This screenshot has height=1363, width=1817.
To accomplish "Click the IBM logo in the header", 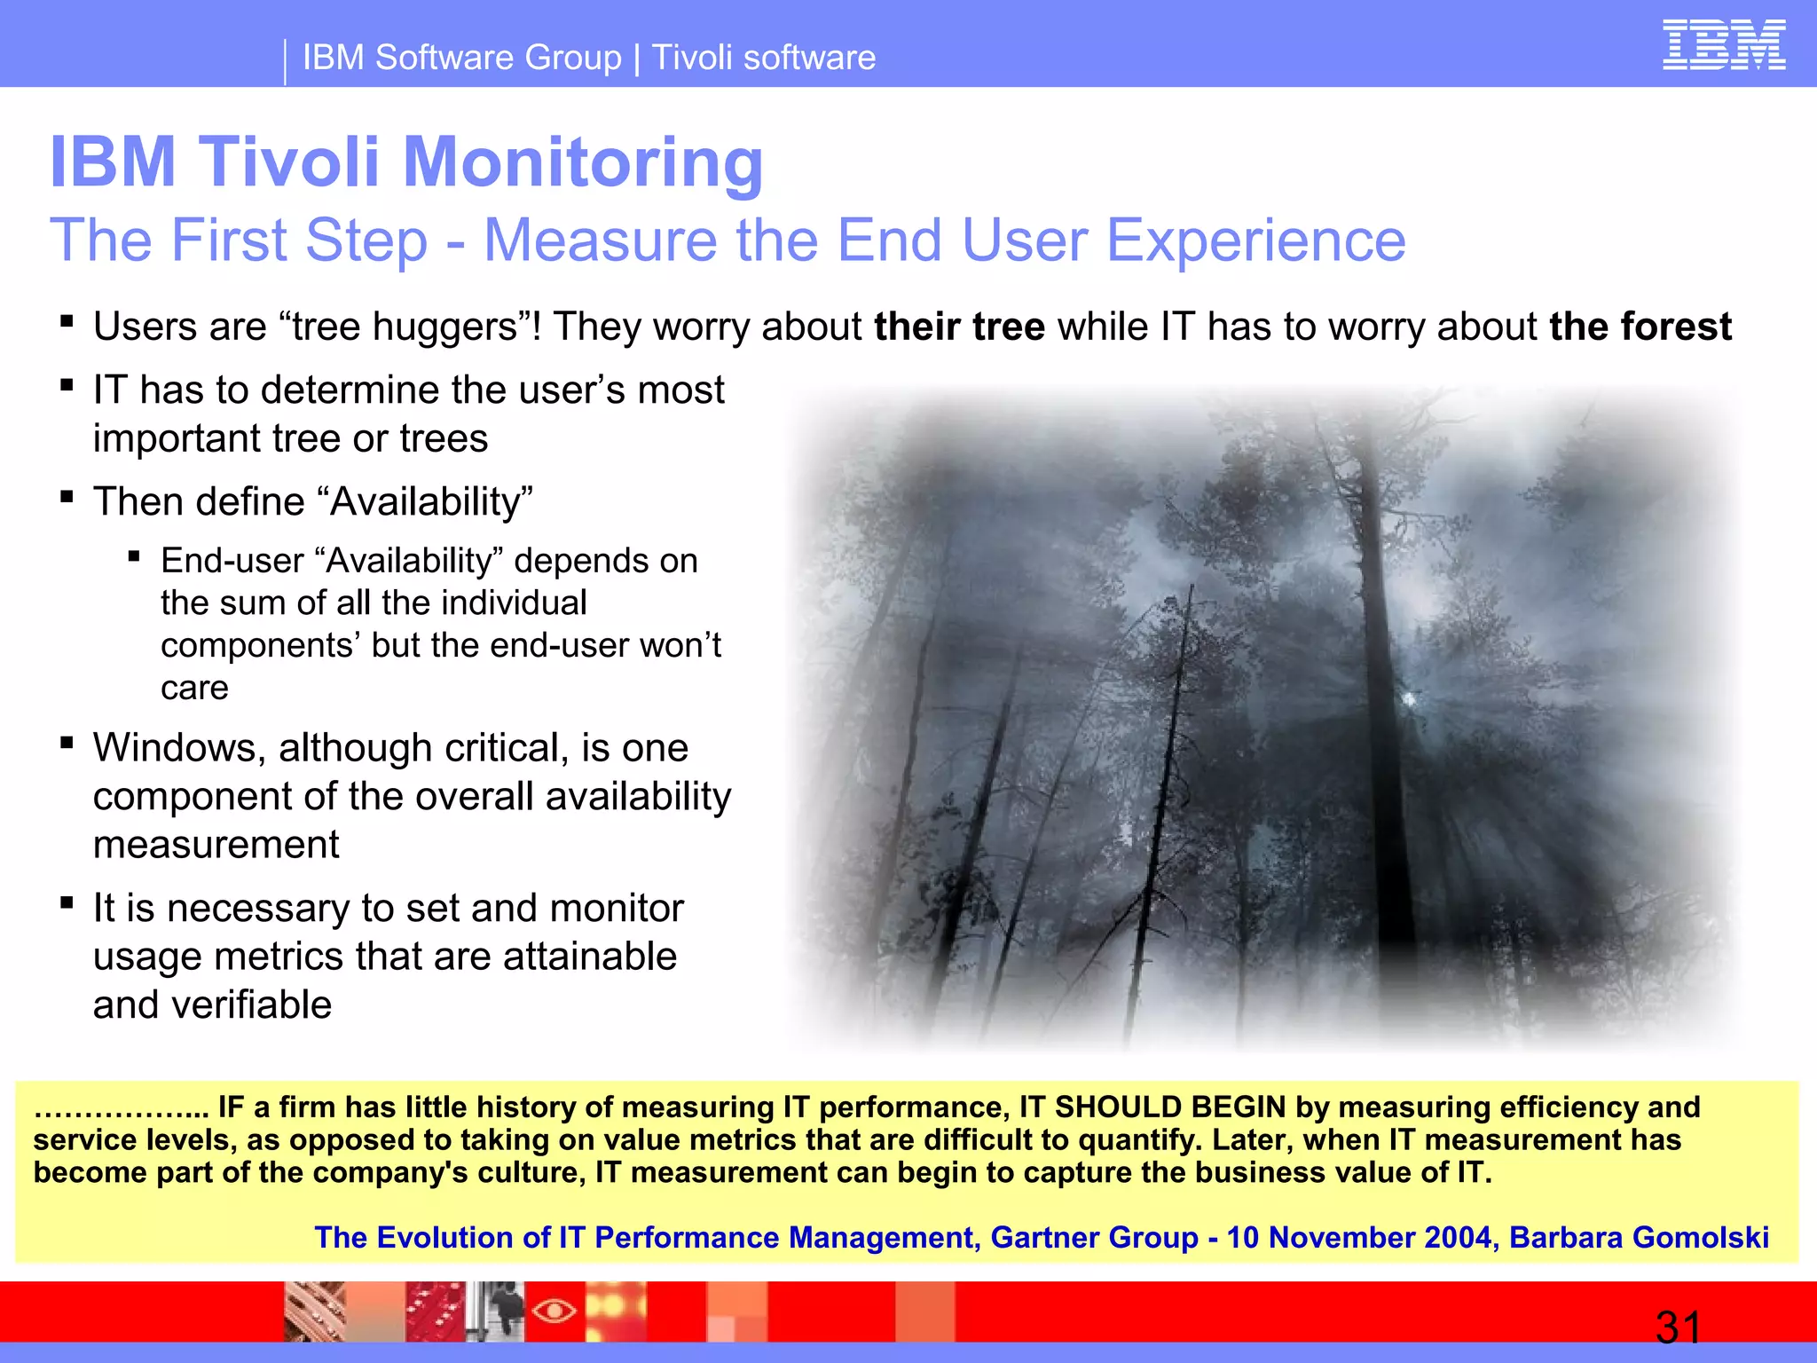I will (x=1723, y=44).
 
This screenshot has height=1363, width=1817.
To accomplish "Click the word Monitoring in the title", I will (x=583, y=162).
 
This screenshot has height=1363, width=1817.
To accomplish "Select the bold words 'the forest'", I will (x=1640, y=327).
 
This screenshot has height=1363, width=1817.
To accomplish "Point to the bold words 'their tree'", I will (x=959, y=327).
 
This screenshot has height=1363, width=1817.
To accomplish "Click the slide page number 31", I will (x=1678, y=1328).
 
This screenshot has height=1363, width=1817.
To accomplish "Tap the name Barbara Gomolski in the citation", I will (x=1639, y=1237).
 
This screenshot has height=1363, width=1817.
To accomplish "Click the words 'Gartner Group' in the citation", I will (x=1094, y=1237).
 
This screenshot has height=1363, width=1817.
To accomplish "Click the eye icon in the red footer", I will (x=555, y=1310).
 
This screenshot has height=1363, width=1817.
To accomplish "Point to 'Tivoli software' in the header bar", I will (x=764, y=58).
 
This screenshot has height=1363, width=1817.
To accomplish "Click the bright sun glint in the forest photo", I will (x=1409, y=700).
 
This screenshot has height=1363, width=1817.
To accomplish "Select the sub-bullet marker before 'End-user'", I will (x=134, y=556).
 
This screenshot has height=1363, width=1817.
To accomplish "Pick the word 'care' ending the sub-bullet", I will (x=194, y=688).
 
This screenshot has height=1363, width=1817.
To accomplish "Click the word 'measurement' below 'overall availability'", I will (x=216, y=844).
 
